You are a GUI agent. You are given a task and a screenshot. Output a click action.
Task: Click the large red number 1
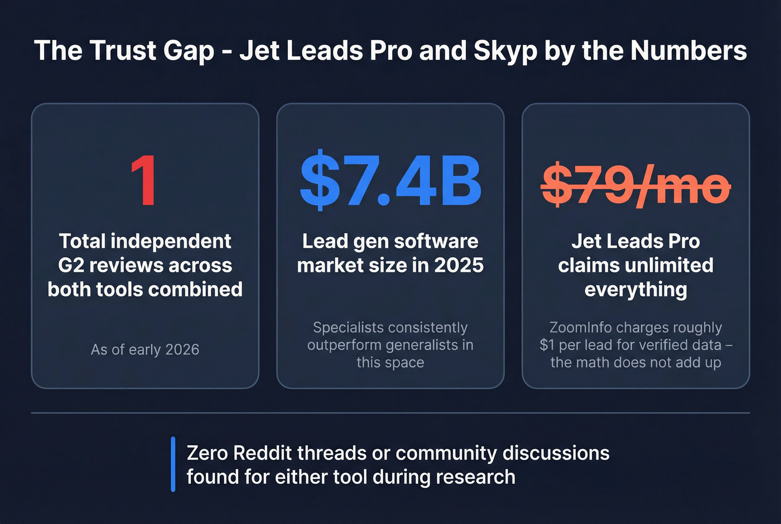pyautogui.click(x=144, y=181)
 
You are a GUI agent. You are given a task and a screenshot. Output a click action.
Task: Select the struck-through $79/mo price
pyautogui.click(x=636, y=184)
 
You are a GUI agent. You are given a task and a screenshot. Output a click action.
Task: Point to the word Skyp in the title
pyautogui.click(x=505, y=51)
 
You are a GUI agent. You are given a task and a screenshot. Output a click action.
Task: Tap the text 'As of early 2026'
pyautogui.click(x=145, y=350)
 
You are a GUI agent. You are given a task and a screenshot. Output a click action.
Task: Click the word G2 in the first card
pyautogui.click(x=71, y=266)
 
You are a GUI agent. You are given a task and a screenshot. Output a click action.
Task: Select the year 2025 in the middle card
pyautogui.click(x=459, y=266)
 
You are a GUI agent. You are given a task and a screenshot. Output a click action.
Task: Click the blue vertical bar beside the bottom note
pyautogui.click(x=173, y=464)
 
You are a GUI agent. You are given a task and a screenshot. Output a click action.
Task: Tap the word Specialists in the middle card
pyautogui.click(x=349, y=328)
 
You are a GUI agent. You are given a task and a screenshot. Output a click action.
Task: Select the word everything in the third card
pyautogui.click(x=636, y=290)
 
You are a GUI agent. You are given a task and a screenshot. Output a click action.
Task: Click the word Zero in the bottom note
pyautogui.click(x=207, y=453)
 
